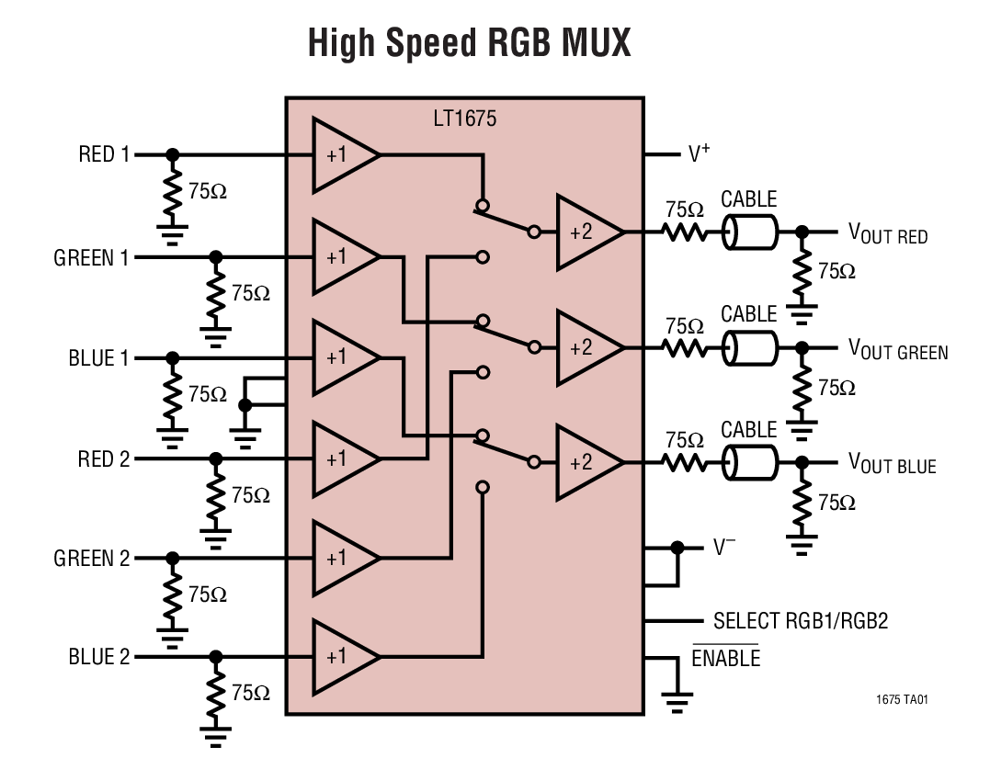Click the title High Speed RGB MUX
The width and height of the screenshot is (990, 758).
click(469, 43)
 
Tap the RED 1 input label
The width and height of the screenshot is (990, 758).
click(104, 154)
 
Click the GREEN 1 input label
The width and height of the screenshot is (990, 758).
click(91, 258)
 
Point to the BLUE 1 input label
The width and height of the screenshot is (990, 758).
click(98, 357)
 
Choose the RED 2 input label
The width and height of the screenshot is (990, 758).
click(104, 458)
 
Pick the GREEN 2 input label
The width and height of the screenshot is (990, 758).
click(91, 558)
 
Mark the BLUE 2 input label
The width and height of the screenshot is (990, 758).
click(98, 658)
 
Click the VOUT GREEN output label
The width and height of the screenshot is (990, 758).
click(897, 349)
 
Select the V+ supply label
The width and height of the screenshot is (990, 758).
click(700, 153)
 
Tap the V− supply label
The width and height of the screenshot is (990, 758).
click(724, 548)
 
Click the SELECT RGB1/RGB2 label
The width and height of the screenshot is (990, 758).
click(801, 621)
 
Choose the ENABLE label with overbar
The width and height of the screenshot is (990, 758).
click(725, 658)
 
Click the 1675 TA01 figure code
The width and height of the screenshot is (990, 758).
click(902, 700)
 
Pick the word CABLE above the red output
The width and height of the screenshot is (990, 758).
click(748, 199)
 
